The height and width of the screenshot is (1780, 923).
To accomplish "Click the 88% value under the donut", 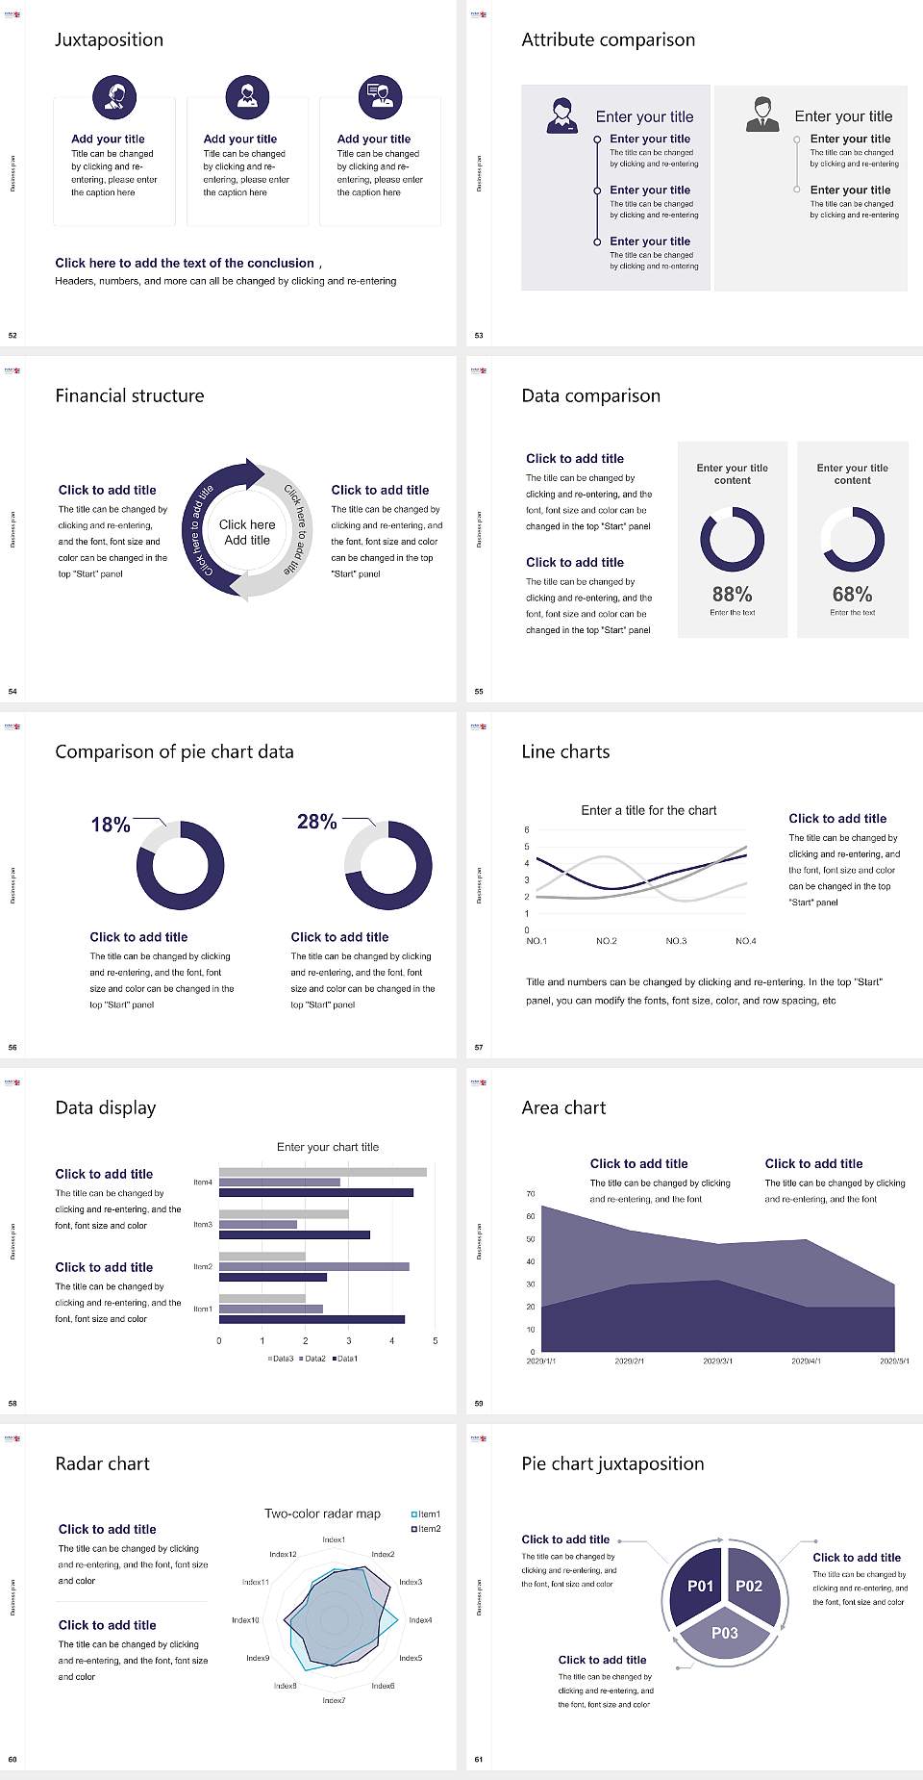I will (x=732, y=595).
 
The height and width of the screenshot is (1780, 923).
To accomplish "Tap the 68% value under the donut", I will (x=852, y=595).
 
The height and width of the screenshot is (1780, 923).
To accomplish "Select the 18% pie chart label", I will (x=111, y=825).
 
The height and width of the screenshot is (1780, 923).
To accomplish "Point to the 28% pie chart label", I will (x=317, y=822).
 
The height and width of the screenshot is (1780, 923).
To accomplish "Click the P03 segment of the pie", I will (x=725, y=1633).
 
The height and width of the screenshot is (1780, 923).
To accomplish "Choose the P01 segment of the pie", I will (x=700, y=1586).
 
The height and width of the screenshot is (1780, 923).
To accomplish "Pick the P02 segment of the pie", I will (x=749, y=1586).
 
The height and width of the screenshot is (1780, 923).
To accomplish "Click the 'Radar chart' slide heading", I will (x=103, y=1463).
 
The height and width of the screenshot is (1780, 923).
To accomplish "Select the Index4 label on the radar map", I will (x=420, y=1620).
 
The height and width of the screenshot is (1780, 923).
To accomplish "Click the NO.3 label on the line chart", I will (x=676, y=941).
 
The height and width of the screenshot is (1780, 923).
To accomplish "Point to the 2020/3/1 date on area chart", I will (x=717, y=1361).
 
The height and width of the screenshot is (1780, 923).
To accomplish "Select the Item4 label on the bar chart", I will (x=203, y=1182).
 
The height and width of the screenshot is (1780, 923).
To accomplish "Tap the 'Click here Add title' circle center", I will (x=247, y=532).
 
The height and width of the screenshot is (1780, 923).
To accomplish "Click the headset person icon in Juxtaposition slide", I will (x=114, y=96).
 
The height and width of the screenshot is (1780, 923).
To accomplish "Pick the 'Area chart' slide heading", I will (x=563, y=1107).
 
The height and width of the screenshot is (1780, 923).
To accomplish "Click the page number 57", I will (x=479, y=1047).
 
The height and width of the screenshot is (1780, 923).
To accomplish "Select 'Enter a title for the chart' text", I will (x=649, y=810).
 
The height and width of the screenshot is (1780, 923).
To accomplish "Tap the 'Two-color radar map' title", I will (x=322, y=1513).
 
